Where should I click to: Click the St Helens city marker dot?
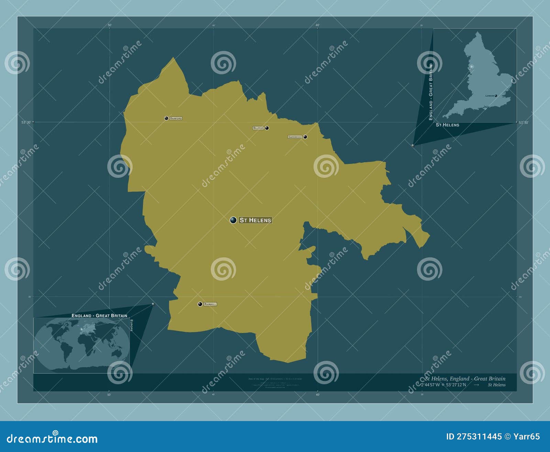[x=233, y=220]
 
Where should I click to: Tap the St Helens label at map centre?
[x=255, y=220]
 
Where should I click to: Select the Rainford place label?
[x=176, y=118]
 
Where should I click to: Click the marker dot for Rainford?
[x=166, y=118]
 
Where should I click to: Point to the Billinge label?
[x=258, y=128]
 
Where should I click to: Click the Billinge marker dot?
[x=267, y=128]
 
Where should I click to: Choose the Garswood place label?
[x=295, y=137]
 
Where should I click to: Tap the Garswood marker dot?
[x=305, y=137]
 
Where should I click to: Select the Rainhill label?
[x=210, y=304]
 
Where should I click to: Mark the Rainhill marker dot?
[x=200, y=304]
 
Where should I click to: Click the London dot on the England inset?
[x=496, y=96]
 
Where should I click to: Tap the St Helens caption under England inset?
[x=447, y=125]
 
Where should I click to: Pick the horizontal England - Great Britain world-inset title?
[x=99, y=315]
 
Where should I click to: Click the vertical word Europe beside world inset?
[x=131, y=325]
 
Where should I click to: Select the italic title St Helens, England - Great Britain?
[x=465, y=379]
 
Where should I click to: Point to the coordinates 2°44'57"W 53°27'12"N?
[x=443, y=385]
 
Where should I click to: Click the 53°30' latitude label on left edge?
[x=26, y=122]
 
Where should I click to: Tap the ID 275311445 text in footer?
[x=474, y=437]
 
